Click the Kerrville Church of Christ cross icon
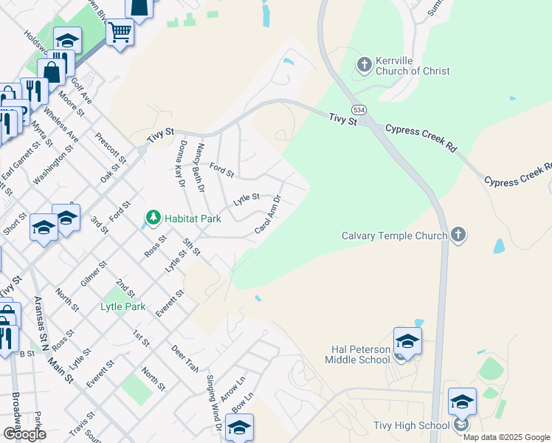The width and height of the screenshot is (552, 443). point(364,65)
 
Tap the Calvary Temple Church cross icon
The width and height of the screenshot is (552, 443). point(458,236)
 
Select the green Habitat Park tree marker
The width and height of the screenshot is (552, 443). point(153,218)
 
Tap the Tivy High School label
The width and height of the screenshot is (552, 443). point(413,425)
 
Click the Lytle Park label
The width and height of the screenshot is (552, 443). point(123,306)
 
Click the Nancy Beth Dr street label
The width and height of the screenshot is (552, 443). point(198,167)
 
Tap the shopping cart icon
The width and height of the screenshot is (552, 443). point(120,32)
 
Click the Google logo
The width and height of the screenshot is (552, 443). point(24,434)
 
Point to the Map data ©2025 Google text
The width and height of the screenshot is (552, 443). point(506,437)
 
